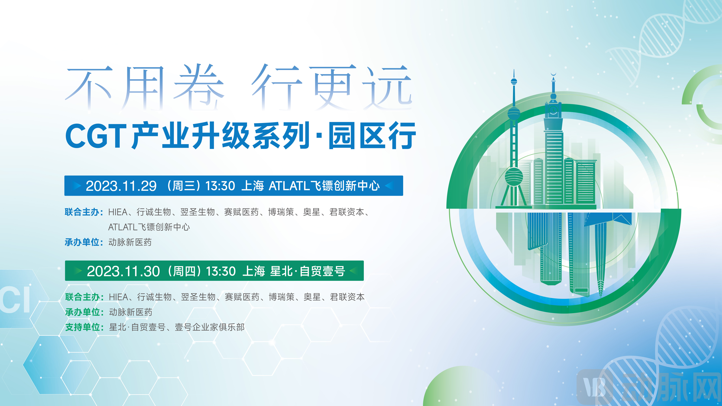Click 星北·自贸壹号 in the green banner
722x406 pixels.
[307, 271]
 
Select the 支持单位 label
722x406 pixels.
[83, 327]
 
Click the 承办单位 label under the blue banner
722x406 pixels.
[82, 242]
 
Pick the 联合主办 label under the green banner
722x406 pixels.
[83, 297]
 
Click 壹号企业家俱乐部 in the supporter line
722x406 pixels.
[210, 327]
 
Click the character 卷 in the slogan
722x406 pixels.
[199, 86]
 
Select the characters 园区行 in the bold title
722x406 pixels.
[372, 136]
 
